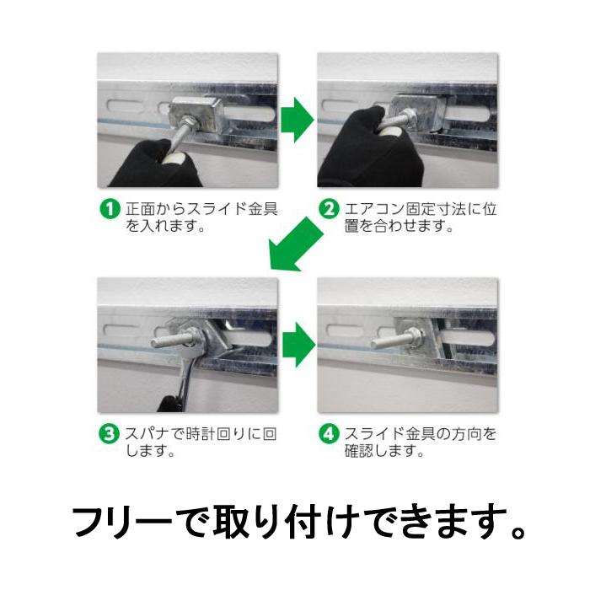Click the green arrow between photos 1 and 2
pos(296,120)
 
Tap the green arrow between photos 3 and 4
pos(296,343)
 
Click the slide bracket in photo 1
pos(196,114)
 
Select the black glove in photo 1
pos(152,164)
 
